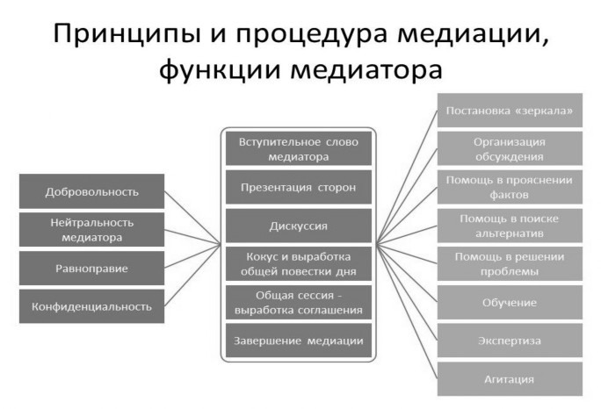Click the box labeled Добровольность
91,191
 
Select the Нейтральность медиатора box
91,230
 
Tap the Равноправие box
91,268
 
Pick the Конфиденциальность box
91,306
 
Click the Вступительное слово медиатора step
299,148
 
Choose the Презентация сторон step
299,187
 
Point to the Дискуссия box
299,226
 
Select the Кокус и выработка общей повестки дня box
299,264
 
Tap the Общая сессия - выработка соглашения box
299,302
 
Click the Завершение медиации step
299,341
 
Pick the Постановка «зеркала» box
510,111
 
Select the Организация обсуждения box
510,148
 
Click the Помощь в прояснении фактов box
510,187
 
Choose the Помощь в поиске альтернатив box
510,226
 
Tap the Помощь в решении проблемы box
510,264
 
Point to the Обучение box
510,302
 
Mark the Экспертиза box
510,341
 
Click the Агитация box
510,379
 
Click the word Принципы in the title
127,34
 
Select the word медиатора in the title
366,69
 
